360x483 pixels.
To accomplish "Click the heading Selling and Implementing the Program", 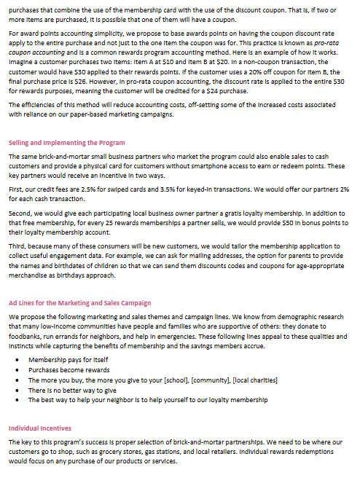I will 66,143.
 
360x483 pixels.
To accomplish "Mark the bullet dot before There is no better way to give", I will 17,390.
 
